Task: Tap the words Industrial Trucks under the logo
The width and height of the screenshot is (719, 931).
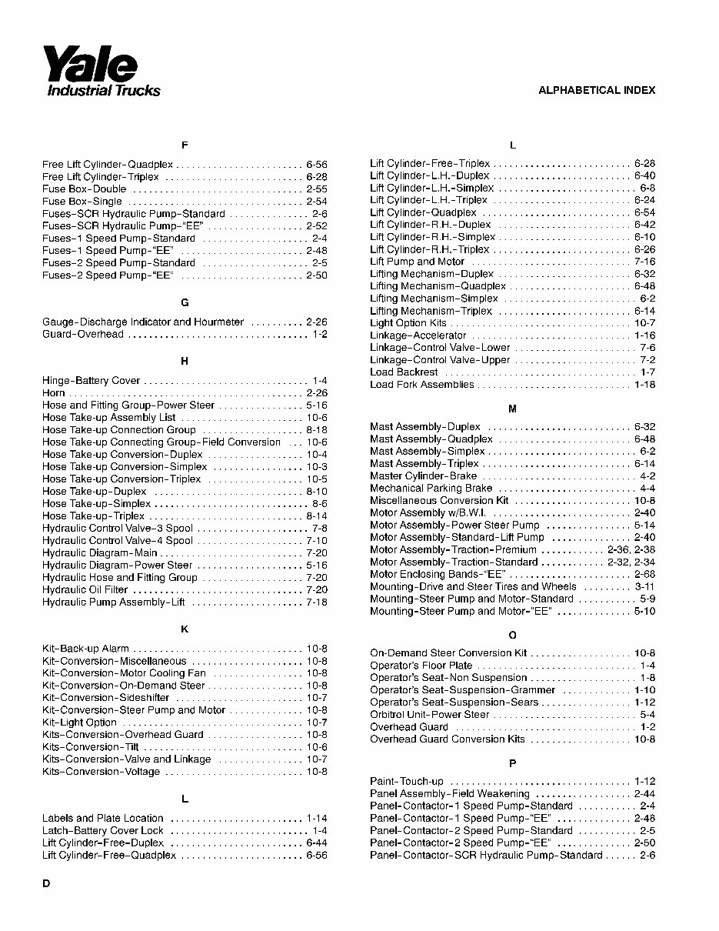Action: coord(104,91)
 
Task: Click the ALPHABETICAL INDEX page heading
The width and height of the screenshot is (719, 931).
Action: coord(596,90)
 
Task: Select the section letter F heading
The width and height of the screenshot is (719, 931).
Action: coord(185,145)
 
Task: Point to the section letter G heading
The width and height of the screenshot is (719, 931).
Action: coord(185,303)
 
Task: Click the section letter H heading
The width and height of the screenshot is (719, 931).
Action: coord(185,361)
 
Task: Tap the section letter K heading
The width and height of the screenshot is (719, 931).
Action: coord(185,629)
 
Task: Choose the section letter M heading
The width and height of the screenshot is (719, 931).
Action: coord(512,409)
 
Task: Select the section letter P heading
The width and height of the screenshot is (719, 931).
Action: coord(512,762)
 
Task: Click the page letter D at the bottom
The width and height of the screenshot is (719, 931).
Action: coord(46,883)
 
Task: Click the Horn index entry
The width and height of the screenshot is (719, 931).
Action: coord(54,392)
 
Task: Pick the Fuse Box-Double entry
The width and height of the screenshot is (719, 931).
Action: coord(85,189)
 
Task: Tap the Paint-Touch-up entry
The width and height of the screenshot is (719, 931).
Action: coord(407,781)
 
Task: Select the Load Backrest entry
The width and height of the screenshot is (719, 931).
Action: coord(404,372)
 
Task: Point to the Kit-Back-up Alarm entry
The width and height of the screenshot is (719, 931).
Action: coord(85,649)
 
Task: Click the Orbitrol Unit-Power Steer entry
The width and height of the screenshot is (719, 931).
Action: coord(429,715)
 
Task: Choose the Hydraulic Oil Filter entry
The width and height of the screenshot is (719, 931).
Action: coord(85,590)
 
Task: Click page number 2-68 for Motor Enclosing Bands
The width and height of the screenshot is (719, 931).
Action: coord(644,575)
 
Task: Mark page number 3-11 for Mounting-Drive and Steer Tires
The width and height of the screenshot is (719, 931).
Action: coord(644,587)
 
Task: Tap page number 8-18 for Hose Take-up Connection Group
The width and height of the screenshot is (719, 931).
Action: coord(316,430)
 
